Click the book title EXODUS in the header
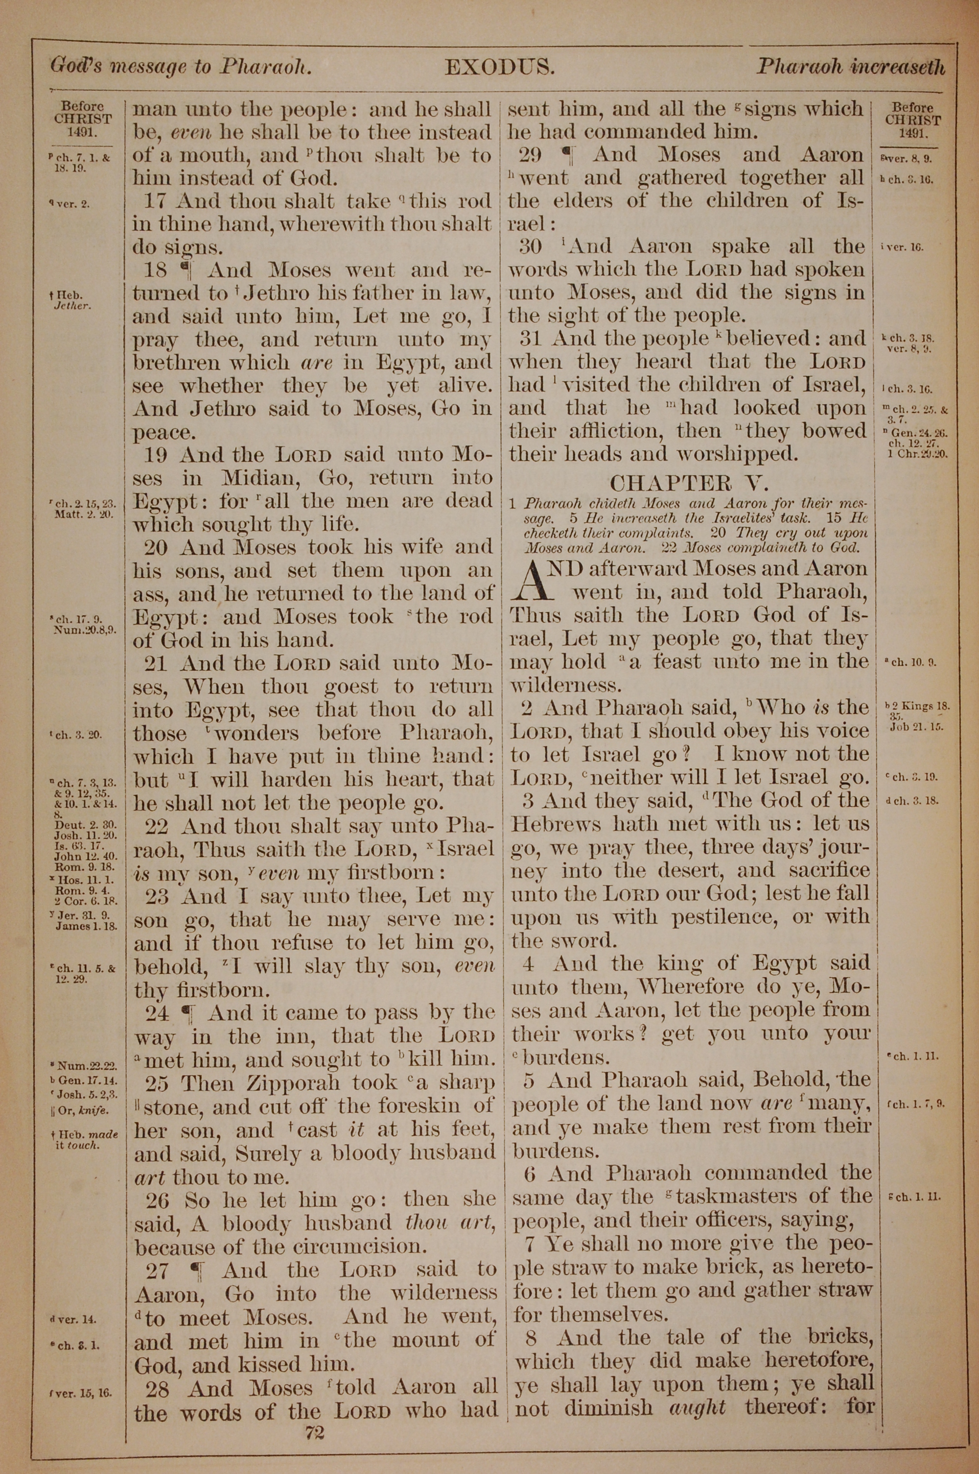(x=499, y=66)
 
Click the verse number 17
(x=157, y=201)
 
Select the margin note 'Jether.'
(x=73, y=306)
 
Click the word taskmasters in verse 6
(x=746, y=1196)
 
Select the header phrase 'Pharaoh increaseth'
(x=850, y=66)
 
